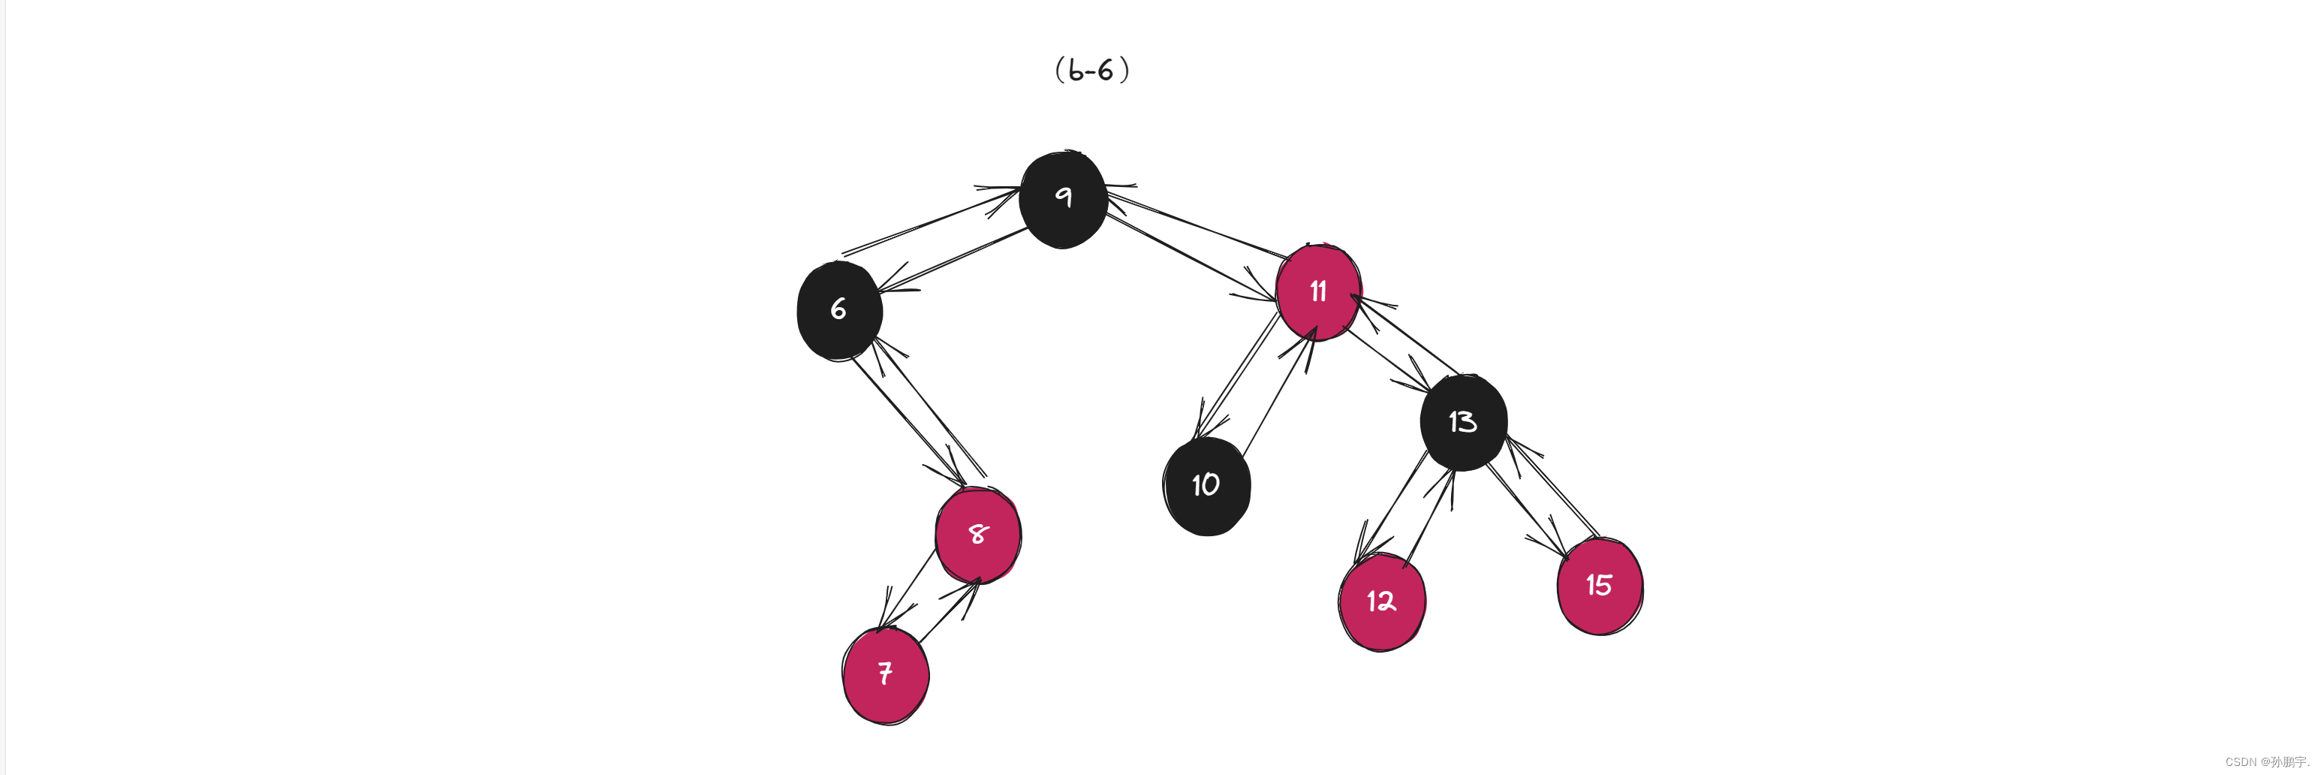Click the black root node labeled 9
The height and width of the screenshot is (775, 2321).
[x=1063, y=200]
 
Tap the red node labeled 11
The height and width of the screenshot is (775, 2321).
[x=1318, y=291]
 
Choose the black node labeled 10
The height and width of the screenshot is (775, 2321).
[x=1206, y=486]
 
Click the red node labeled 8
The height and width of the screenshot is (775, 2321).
[x=977, y=535]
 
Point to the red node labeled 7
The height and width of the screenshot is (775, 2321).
[x=886, y=674]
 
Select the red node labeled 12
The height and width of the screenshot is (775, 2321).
[x=1381, y=601]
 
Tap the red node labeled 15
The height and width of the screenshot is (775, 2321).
[x=1600, y=586]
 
